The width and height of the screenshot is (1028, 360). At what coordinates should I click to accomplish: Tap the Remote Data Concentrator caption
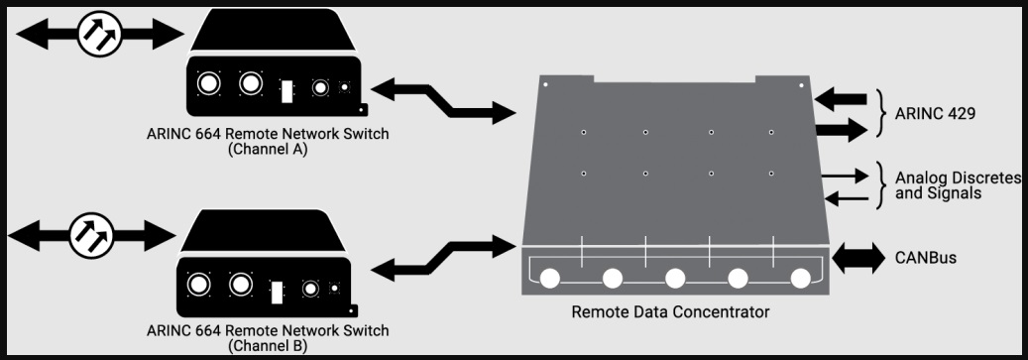click(670, 311)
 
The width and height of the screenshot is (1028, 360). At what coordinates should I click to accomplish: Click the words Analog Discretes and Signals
click(958, 184)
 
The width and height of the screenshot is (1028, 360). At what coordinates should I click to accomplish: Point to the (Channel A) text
click(268, 149)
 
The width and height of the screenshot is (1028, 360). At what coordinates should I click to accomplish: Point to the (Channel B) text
click(268, 345)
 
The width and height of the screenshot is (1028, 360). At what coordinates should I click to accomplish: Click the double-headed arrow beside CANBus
click(858, 258)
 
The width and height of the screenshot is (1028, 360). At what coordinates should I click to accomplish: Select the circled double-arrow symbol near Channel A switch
click(100, 34)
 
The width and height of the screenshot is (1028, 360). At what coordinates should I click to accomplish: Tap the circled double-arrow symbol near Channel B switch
click(92, 235)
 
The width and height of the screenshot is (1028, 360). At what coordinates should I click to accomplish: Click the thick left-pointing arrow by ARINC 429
click(841, 100)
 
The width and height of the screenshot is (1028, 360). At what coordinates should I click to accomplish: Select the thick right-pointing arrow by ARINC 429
click(841, 129)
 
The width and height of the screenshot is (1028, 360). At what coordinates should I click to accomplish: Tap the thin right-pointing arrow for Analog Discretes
click(845, 176)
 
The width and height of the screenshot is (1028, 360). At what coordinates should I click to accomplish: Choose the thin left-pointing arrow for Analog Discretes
click(847, 198)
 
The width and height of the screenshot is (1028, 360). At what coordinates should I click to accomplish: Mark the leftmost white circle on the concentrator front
click(549, 279)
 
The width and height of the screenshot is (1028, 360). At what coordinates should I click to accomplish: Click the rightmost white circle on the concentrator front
click(801, 279)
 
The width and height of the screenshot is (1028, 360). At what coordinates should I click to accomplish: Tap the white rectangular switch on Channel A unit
click(286, 91)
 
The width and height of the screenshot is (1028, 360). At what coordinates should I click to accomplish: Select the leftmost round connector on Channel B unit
click(198, 285)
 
